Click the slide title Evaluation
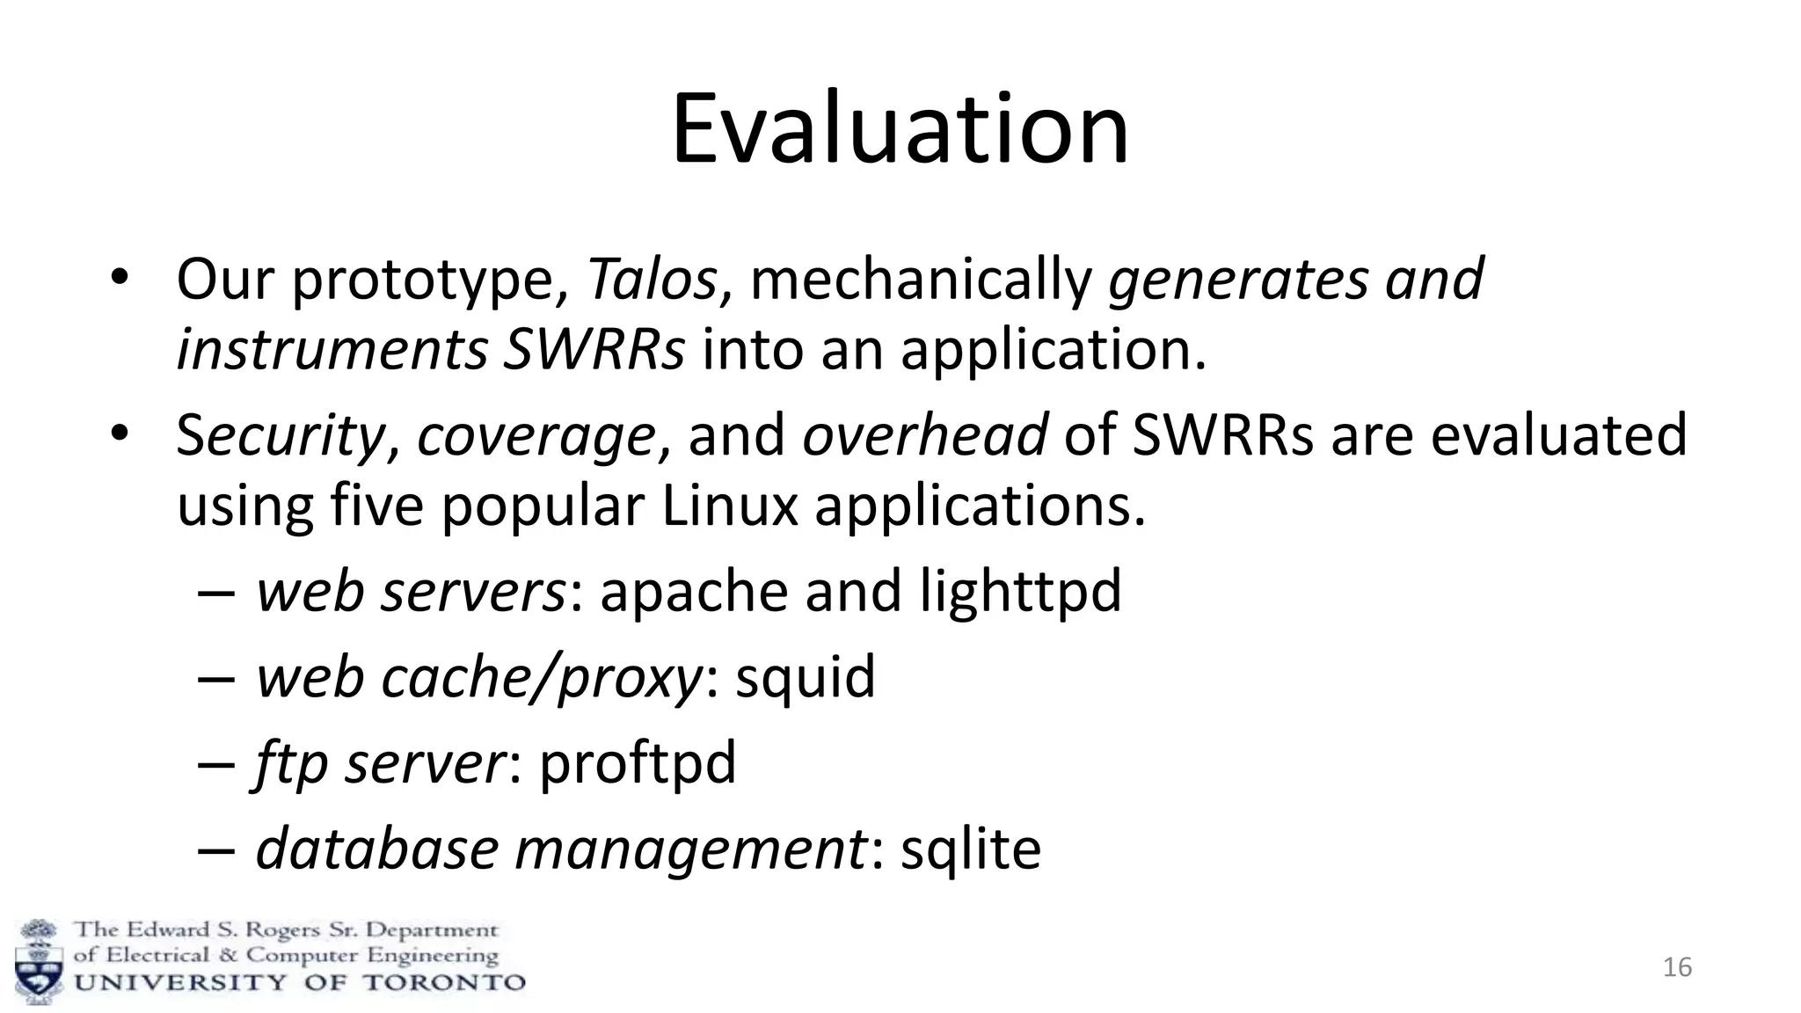[900, 130]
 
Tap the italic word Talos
[652, 280]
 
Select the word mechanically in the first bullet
[921, 280]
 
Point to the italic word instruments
[332, 350]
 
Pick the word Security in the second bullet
[281, 436]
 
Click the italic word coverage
[536, 436]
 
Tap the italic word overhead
[924, 434]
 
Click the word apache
[694, 591]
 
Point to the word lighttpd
[1020, 591]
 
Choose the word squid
[806, 677]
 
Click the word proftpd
[638, 763]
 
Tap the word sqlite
[971, 849]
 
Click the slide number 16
[1677, 967]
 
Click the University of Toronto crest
[39, 961]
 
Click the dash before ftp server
[216, 763]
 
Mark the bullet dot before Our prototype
[120, 279]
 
